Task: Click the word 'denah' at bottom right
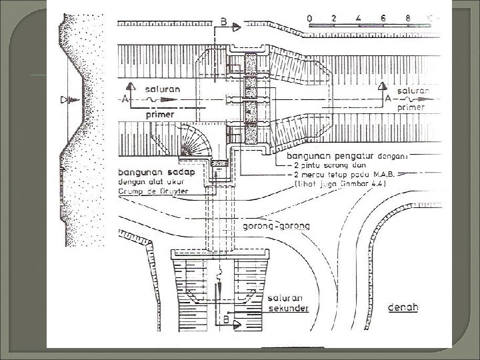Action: [403, 308]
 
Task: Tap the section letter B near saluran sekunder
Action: [227, 321]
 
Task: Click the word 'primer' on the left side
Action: [160, 114]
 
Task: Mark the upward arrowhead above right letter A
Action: [381, 85]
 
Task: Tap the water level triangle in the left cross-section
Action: [65, 100]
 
